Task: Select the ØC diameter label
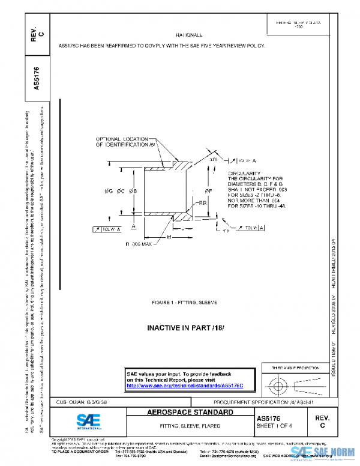[121, 191]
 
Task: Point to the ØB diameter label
[134, 191]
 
